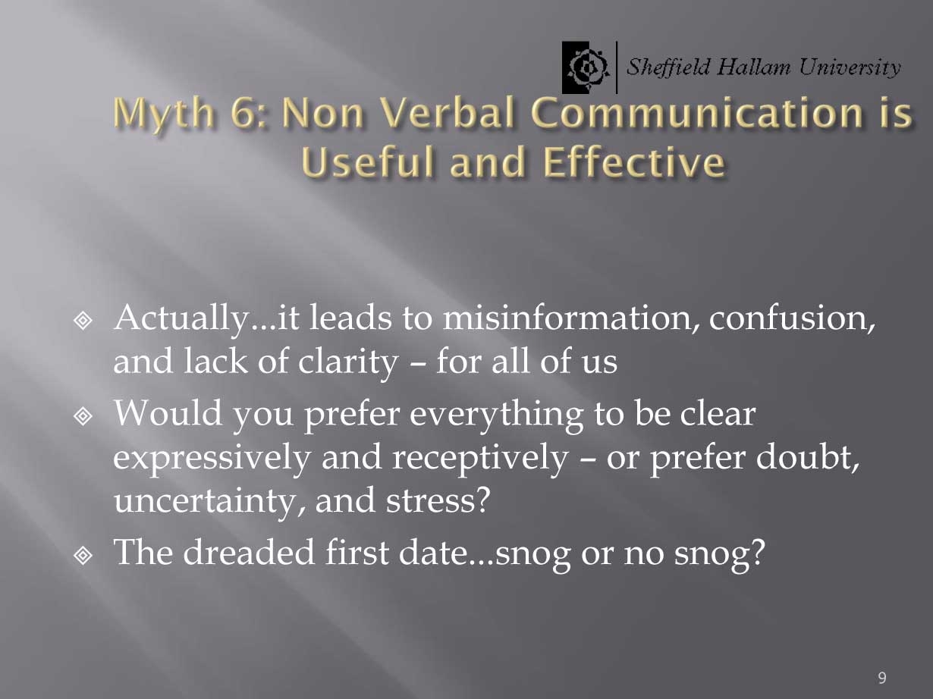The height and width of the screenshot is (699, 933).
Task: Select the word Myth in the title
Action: [x=164, y=114]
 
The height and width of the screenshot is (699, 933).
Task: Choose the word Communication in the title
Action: [x=697, y=112]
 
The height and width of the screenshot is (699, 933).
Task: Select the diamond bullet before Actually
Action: [x=83, y=321]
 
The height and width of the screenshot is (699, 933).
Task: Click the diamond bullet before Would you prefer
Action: [x=83, y=416]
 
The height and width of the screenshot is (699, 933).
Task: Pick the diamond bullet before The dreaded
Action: [x=83, y=555]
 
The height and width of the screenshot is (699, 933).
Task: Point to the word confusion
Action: [x=792, y=318]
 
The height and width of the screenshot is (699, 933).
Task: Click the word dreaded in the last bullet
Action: [x=249, y=553]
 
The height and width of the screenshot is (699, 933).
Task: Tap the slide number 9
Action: [x=882, y=678]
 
